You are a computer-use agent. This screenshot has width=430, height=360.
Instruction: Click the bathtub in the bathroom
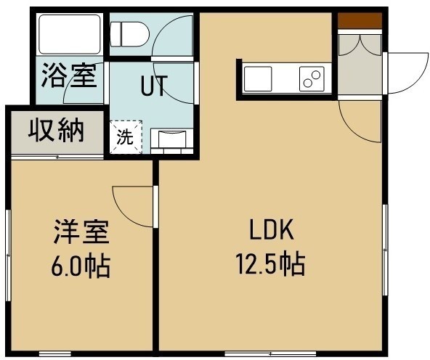coord(70,34)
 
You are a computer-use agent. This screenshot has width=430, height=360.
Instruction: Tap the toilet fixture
coord(129,35)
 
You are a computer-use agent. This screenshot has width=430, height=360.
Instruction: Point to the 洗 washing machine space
coord(126,136)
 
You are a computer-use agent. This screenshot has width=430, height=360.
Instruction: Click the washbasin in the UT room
coord(172,142)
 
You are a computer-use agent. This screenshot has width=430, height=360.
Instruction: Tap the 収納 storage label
coord(56,130)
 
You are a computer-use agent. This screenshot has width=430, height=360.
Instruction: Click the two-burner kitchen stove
coord(312,78)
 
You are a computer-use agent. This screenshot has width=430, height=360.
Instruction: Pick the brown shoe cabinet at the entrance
coord(360,20)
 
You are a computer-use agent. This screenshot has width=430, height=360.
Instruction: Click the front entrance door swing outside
coord(407,73)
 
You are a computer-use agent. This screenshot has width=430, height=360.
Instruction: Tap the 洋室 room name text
coord(81,232)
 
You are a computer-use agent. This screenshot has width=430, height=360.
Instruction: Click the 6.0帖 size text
coord(81,266)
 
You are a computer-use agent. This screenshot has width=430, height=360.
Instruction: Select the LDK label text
coord(271,229)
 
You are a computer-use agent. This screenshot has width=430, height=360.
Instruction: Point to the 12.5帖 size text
coord(271,264)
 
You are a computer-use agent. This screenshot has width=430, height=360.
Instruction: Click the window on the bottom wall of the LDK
coord(270,353)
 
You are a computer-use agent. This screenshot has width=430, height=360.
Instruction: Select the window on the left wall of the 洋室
coord(8,255)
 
